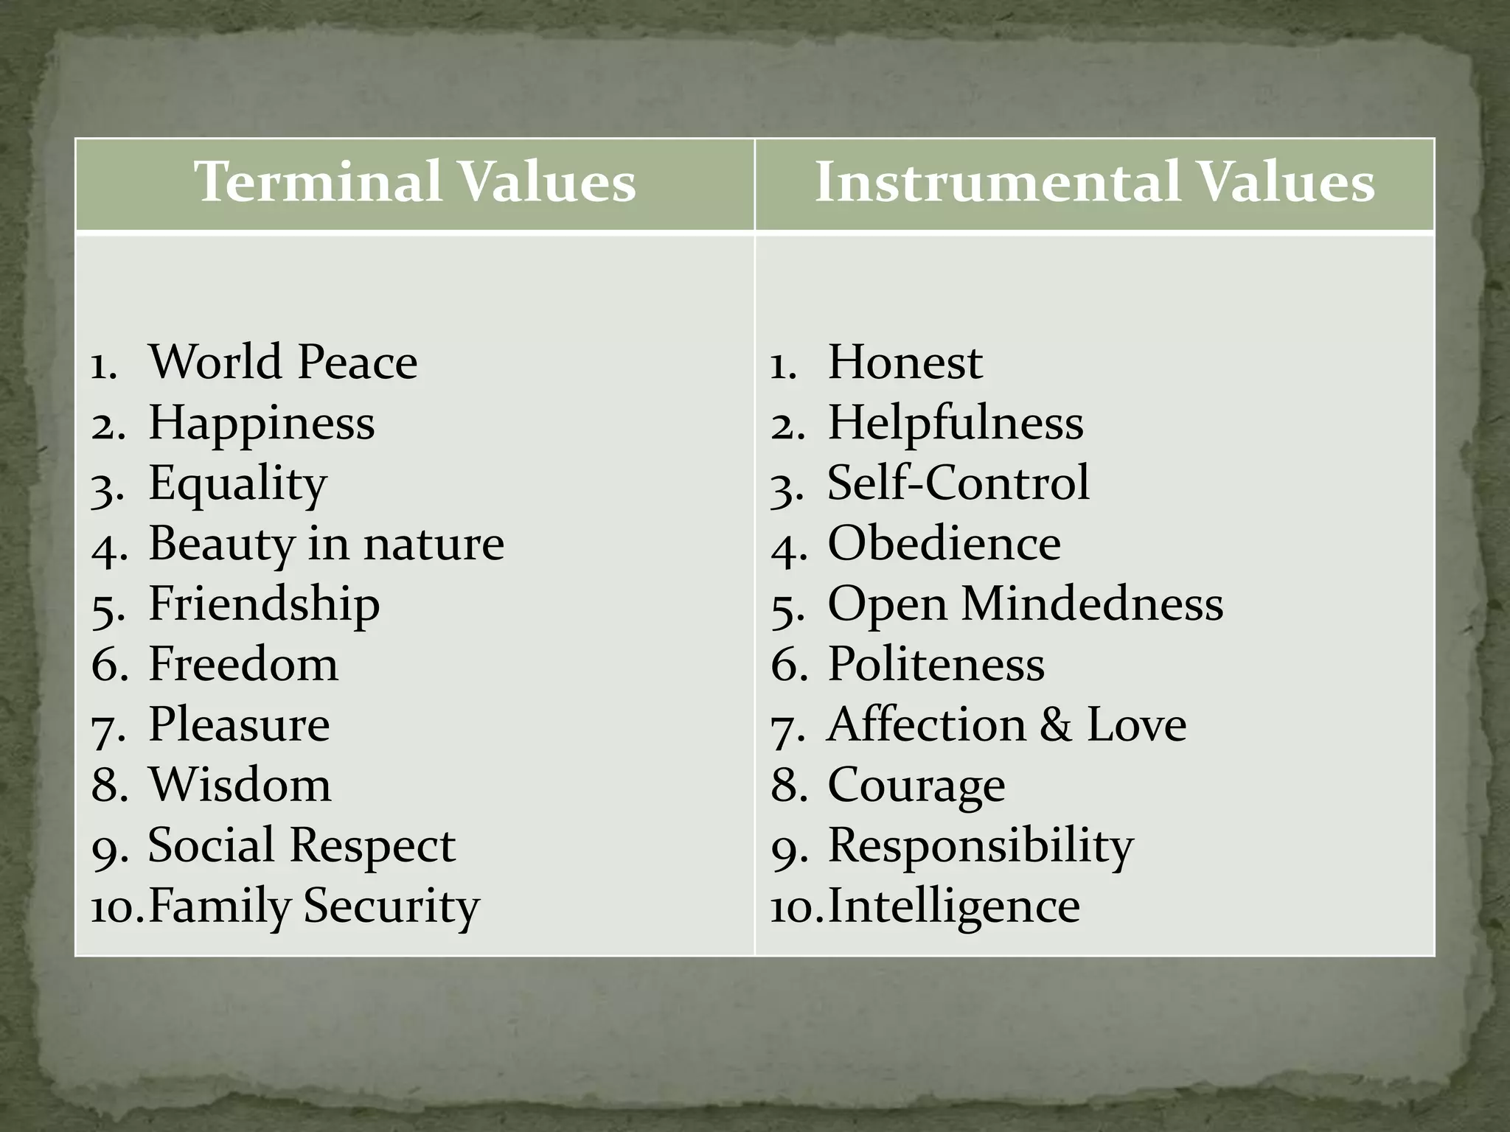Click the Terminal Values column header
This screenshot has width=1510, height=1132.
tap(414, 182)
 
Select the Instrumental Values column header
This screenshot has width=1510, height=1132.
tap(1094, 182)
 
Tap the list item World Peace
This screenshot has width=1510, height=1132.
tap(283, 363)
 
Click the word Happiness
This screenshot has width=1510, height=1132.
tap(262, 423)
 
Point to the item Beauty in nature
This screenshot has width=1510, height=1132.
tap(326, 544)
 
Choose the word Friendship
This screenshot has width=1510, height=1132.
tap(264, 604)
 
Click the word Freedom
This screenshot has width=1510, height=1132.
tap(243, 665)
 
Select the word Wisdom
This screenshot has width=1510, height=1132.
tap(240, 785)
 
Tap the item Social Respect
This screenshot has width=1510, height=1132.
tap(301, 845)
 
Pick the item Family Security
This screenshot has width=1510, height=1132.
tap(313, 906)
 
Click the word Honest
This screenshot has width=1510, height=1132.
tap(905, 363)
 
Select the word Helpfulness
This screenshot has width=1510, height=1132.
tap(956, 423)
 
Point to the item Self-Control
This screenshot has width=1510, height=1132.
tap(958, 483)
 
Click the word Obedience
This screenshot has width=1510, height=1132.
tap(944, 544)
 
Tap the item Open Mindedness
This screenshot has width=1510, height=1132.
tap(1025, 604)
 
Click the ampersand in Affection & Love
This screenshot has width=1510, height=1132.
tap(1056, 725)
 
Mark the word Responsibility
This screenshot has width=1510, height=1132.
tap(981, 845)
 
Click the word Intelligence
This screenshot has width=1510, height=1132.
tap(953, 906)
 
